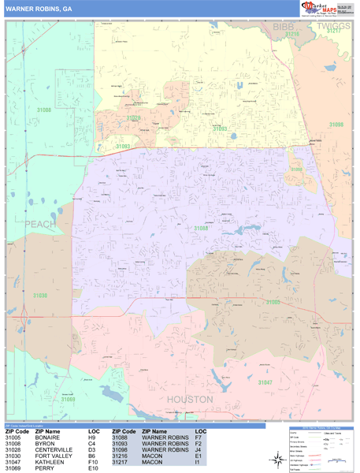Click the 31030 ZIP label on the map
(40, 295)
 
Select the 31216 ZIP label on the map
(292, 34)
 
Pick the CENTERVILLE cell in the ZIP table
(54, 450)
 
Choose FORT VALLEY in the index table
(52, 456)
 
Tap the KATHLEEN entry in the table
(48, 463)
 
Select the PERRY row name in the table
(43, 469)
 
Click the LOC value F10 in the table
(94, 463)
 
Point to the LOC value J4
(199, 450)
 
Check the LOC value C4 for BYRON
(92, 444)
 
